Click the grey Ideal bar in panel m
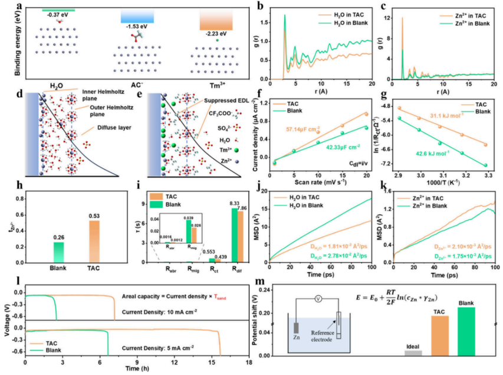[x=413, y=353]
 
